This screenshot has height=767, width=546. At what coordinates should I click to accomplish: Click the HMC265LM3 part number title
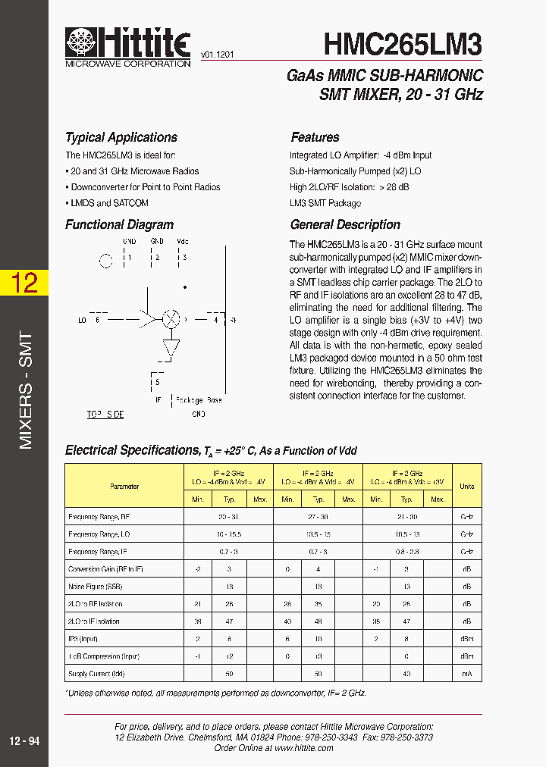[x=403, y=45]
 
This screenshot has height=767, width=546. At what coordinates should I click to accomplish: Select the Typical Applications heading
[x=121, y=137]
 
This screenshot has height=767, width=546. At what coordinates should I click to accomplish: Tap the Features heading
[x=315, y=137]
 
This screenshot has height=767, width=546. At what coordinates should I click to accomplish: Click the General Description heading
[x=345, y=224]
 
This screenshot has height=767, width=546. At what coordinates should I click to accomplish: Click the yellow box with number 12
[x=24, y=283]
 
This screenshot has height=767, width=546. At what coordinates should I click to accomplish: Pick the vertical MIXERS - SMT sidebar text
[x=25, y=390]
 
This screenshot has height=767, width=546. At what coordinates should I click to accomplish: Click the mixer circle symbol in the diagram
[x=171, y=320]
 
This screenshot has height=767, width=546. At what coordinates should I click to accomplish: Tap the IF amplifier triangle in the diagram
[x=171, y=348]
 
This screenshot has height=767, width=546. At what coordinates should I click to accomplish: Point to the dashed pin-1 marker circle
[x=106, y=261]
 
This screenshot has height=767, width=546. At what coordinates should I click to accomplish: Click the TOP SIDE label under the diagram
[x=105, y=415]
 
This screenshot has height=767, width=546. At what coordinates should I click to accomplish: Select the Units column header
[x=466, y=486]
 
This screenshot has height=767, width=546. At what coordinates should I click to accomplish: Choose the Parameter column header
[x=124, y=486]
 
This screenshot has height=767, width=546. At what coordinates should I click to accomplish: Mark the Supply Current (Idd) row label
[x=96, y=673]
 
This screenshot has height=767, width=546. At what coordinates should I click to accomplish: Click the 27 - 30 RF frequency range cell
[x=318, y=517]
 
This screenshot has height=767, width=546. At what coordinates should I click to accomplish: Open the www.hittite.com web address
[x=303, y=747]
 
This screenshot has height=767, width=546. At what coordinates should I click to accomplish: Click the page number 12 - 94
[x=24, y=741]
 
